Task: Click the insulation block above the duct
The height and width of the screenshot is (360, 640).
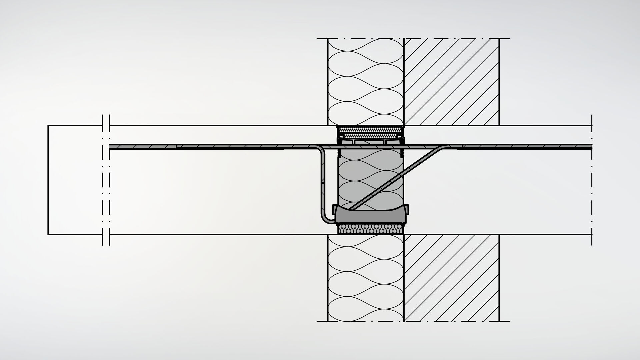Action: (366, 82)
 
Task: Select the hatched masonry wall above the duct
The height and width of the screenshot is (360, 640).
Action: (451, 82)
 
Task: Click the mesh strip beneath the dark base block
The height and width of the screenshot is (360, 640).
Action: (370, 229)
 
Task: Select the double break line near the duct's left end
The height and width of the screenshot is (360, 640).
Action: (106, 180)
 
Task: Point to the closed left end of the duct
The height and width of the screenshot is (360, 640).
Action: (48, 180)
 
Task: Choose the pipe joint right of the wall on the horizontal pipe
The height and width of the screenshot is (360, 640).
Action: (462, 147)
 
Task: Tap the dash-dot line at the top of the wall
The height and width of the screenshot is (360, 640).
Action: (413, 38)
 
